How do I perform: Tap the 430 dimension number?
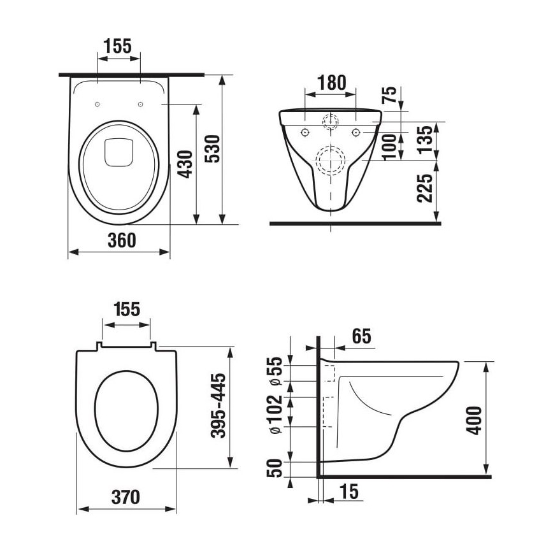185,164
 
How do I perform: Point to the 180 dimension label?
331,83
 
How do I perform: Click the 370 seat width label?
125,496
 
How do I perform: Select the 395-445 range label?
219,406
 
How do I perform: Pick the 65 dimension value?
361,335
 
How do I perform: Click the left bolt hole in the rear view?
305,132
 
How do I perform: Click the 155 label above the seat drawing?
127,310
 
